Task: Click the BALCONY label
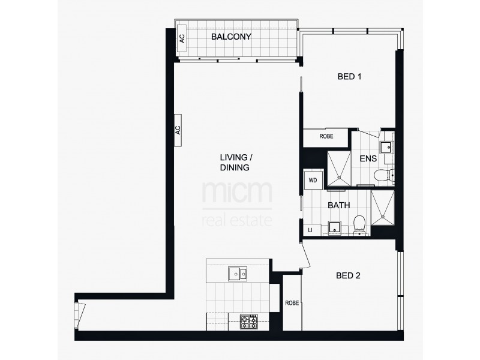pos(231,37)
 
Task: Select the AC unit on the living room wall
pos(178,130)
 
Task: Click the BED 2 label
pos(348,276)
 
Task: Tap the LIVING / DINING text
pos(235,163)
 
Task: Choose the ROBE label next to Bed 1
pos(326,137)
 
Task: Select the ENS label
pos(368,159)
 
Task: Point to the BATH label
pos(338,205)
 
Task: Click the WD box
pos(313,179)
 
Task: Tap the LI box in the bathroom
pos(310,230)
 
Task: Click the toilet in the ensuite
pos(382,175)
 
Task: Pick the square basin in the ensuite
pos(386,146)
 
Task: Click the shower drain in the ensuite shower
pos(339,178)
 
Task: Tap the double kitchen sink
pos(238,275)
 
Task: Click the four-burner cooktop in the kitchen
pos(248,322)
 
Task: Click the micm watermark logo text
pos(237,193)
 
